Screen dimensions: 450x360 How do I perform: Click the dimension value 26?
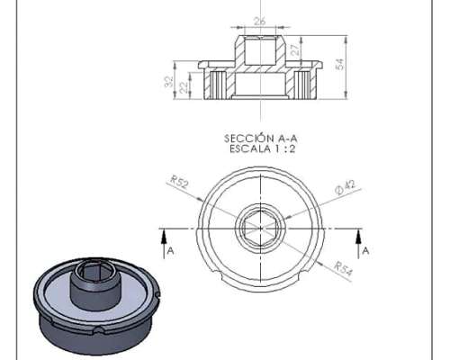pos(260,22)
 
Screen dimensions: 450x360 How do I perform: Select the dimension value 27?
pos(296,49)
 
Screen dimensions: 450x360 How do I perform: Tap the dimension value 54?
pos(339,64)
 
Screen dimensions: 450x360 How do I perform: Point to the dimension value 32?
pos(169,82)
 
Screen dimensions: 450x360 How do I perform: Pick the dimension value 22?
pos(183,87)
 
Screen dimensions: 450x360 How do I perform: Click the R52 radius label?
pos(179,182)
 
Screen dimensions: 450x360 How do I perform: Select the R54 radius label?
pos(343,268)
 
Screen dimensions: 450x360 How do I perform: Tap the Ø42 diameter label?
pos(346,187)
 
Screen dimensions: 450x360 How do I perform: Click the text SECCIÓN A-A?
pos(261,139)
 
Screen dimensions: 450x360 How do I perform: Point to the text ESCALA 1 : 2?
pos(263,149)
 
